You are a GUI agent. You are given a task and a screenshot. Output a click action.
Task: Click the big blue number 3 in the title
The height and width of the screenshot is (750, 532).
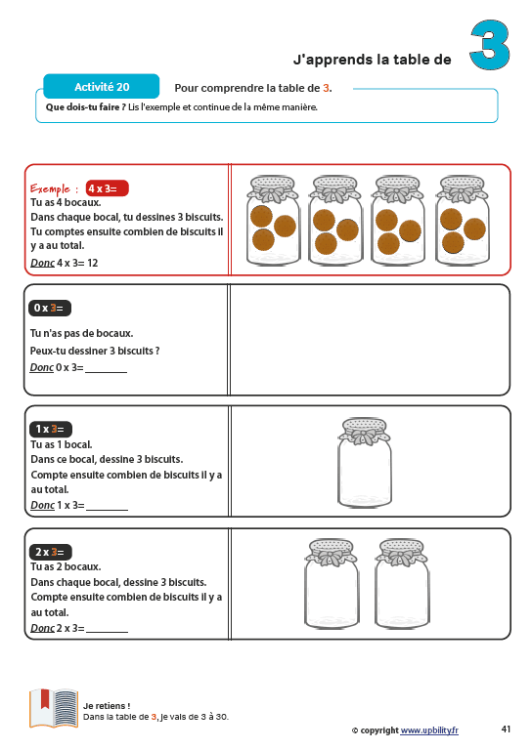tap(489, 45)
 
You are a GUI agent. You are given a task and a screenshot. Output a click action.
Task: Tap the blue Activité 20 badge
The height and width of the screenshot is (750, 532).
tap(102, 87)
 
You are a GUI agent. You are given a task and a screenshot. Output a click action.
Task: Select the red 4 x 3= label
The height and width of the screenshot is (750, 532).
tap(108, 188)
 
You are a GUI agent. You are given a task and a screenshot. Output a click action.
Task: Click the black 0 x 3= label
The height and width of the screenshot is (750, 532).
tap(49, 308)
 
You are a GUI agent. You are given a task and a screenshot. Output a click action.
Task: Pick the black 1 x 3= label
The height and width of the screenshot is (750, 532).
tap(50, 429)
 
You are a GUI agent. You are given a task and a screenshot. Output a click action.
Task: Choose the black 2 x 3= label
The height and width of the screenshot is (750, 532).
tap(50, 552)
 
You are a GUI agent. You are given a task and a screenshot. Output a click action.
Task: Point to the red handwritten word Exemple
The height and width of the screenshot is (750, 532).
tap(50, 188)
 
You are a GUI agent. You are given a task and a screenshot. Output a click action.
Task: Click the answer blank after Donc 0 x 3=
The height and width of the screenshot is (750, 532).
tap(107, 371)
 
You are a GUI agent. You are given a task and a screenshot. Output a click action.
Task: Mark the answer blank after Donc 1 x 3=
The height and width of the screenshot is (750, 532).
tap(108, 509)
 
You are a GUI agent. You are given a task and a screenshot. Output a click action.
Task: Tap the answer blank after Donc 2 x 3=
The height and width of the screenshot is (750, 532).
tap(108, 632)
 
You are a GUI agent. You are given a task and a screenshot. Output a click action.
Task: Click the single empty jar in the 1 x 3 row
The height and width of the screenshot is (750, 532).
tap(365, 463)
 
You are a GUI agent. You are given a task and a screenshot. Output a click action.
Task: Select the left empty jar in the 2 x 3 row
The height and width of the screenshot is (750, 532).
tap(332, 584)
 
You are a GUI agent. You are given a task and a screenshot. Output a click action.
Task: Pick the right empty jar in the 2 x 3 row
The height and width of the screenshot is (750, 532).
tap(401, 584)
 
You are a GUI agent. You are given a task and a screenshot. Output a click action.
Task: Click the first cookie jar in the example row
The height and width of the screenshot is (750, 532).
tap(273, 221)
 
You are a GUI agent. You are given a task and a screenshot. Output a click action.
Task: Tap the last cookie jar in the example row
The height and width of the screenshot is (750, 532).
tap(463, 221)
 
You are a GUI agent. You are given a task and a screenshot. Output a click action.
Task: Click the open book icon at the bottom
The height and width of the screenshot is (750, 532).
tap(54, 708)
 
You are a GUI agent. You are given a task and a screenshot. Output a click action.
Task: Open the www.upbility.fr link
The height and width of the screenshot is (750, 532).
tap(429, 730)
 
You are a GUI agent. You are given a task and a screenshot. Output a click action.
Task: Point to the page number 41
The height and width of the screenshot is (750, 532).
tap(506, 729)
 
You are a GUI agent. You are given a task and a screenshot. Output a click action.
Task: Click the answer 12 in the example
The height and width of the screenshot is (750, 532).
tap(93, 263)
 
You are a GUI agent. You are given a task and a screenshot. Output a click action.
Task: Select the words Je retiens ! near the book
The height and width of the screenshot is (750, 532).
tap(107, 705)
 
